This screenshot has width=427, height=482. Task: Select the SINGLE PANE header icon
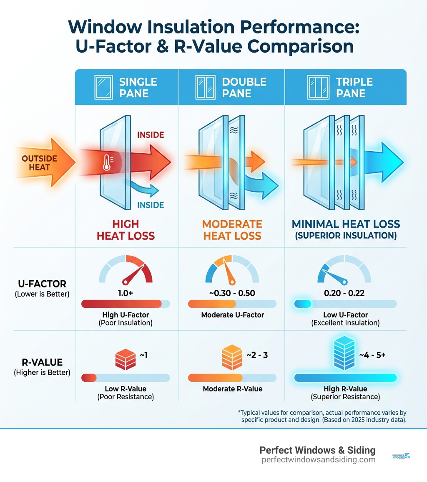(103, 87)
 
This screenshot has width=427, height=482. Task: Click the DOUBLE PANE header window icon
(205, 87)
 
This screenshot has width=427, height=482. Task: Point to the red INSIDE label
(150, 135)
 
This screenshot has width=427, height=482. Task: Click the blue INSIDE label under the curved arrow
(150, 205)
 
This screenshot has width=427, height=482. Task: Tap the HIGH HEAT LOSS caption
(126, 230)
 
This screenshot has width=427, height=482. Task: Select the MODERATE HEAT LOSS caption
(232, 230)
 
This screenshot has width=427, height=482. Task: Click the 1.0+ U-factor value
(125, 293)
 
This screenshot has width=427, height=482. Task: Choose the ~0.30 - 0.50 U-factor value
(232, 293)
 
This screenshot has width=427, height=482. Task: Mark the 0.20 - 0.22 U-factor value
(344, 293)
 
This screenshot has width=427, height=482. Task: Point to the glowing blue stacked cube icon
(344, 354)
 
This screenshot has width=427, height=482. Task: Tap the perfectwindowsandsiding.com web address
(318, 460)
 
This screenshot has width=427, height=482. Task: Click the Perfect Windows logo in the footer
(401, 457)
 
